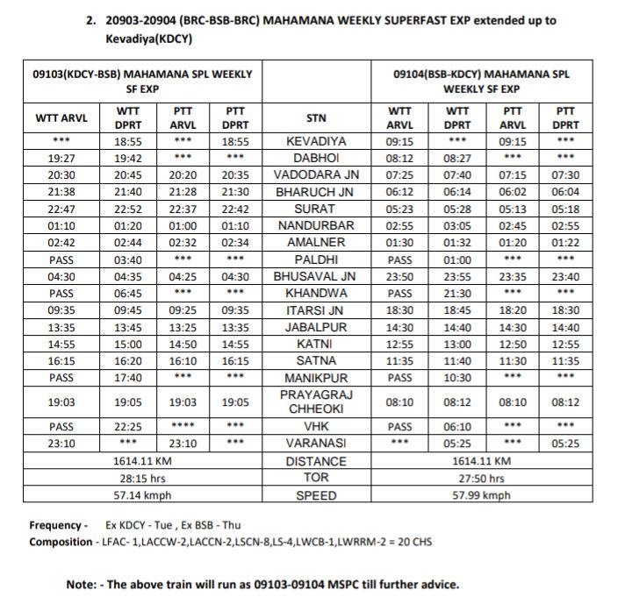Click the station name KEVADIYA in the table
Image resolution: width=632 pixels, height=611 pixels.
[x=317, y=141]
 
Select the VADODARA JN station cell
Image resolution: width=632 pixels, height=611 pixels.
[x=317, y=174]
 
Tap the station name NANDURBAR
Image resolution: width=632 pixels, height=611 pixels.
[x=317, y=225]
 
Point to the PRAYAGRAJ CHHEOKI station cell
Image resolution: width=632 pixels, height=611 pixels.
[x=317, y=402]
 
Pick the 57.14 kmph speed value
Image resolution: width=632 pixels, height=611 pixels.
[x=141, y=495]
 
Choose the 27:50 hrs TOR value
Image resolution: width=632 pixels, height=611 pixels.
[x=482, y=479]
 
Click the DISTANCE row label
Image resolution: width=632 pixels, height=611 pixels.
[x=317, y=461]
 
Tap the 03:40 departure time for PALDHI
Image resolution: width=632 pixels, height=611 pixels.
[x=129, y=259]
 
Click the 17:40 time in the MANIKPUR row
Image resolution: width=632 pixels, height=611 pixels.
[x=129, y=377]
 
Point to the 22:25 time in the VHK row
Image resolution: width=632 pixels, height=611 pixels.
[x=129, y=426]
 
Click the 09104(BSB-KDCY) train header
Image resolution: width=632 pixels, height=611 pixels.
[x=482, y=82]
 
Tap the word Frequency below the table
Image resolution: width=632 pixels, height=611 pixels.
[x=55, y=526]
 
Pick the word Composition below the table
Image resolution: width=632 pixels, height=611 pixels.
[x=60, y=542]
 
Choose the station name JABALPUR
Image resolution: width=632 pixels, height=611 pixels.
[x=317, y=327]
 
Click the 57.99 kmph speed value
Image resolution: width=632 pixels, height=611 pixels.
[x=482, y=495]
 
